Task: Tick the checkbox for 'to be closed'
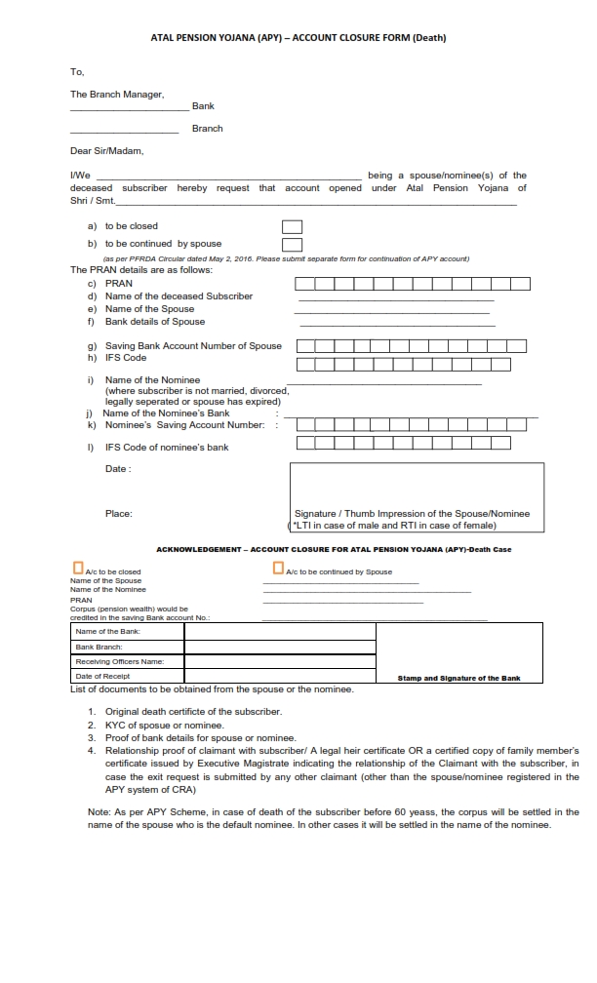tap(292, 227)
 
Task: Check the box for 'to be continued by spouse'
tap(292, 245)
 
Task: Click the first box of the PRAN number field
tap(305, 284)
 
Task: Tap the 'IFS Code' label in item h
tap(125, 358)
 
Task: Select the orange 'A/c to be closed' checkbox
tap(78, 568)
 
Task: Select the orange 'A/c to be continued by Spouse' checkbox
tap(278, 568)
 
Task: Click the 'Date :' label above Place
tap(118, 469)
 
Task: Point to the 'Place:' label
tap(118, 513)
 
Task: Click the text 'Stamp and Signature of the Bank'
tap(459, 678)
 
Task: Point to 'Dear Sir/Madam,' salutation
tap(106, 151)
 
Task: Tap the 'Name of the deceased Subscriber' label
tap(179, 295)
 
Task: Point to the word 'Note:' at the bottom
tap(99, 811)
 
